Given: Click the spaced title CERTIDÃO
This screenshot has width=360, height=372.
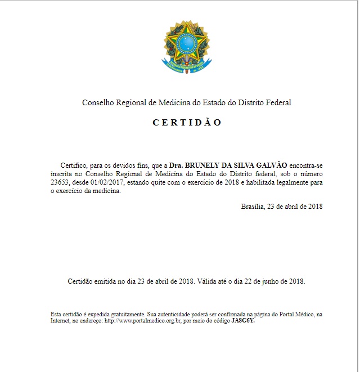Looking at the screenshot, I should tap(187, 123).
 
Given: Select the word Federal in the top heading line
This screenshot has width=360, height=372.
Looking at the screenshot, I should tap(278, 102).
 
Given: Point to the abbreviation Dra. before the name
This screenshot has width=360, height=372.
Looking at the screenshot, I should tap(176, 165).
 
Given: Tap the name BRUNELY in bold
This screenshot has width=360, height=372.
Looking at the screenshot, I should tap(204, 165).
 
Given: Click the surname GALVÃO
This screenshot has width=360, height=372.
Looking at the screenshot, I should tap(272, 165).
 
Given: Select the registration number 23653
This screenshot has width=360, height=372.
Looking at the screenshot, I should tap(60, 182).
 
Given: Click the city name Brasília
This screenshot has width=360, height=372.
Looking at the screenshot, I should tap(254, 207).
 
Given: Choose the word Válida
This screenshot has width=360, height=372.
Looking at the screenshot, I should tap(209, 281).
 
